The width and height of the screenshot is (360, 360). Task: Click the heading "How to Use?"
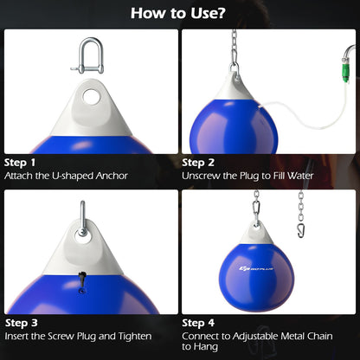(179, 14)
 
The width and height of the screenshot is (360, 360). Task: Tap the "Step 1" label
(21, 162)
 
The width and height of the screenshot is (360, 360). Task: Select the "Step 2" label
(199, 162)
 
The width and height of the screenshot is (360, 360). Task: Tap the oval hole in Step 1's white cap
(89, 96)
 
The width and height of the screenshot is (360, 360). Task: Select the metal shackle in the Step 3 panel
(83, 216)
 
